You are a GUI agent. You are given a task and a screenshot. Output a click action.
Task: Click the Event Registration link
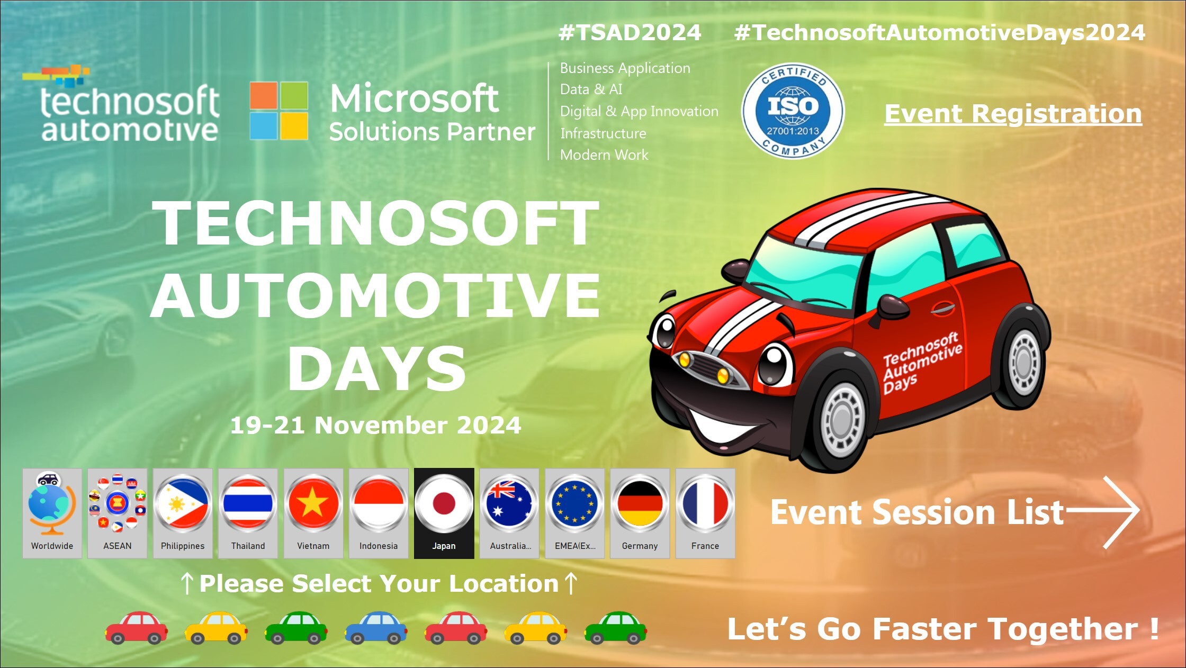coord(1013,114)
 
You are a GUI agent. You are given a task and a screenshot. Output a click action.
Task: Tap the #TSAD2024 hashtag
coord(630,33)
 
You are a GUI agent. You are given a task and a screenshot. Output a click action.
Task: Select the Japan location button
coord(444,513)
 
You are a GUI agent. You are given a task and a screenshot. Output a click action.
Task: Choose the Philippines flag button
coord(183,513)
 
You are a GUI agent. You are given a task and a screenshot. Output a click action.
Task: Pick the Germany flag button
coord(640,513)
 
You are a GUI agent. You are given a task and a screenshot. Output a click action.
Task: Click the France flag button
coord(705,513)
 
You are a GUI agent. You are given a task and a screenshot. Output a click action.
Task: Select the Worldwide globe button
coord(52,513)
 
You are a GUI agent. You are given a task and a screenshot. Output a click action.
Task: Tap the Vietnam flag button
coord(313,513)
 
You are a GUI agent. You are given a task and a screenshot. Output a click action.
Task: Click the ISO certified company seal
coord(793,112)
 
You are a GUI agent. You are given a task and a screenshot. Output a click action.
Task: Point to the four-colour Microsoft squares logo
coord(279,111)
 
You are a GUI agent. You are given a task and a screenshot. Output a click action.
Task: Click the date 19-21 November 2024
coord(375,425)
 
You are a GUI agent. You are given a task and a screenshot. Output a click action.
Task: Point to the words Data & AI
coord(591,89)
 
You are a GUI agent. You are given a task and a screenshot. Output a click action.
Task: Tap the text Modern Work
coord(604,155)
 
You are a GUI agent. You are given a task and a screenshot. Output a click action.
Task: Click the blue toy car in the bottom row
coord(375,628)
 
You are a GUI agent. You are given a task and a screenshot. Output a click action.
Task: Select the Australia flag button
coord(509,513)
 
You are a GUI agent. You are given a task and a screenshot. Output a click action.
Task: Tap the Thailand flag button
coord(248,513)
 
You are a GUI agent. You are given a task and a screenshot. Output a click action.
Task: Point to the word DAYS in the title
coord(376,369)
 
